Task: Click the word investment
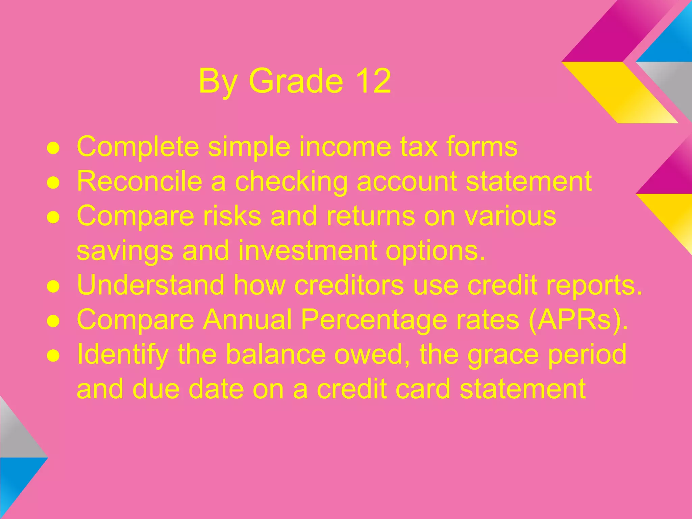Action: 307,250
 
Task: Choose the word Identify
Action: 123,355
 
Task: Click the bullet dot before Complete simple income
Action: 53,148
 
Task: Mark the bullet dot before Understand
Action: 53,287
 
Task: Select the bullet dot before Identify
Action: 53,356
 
